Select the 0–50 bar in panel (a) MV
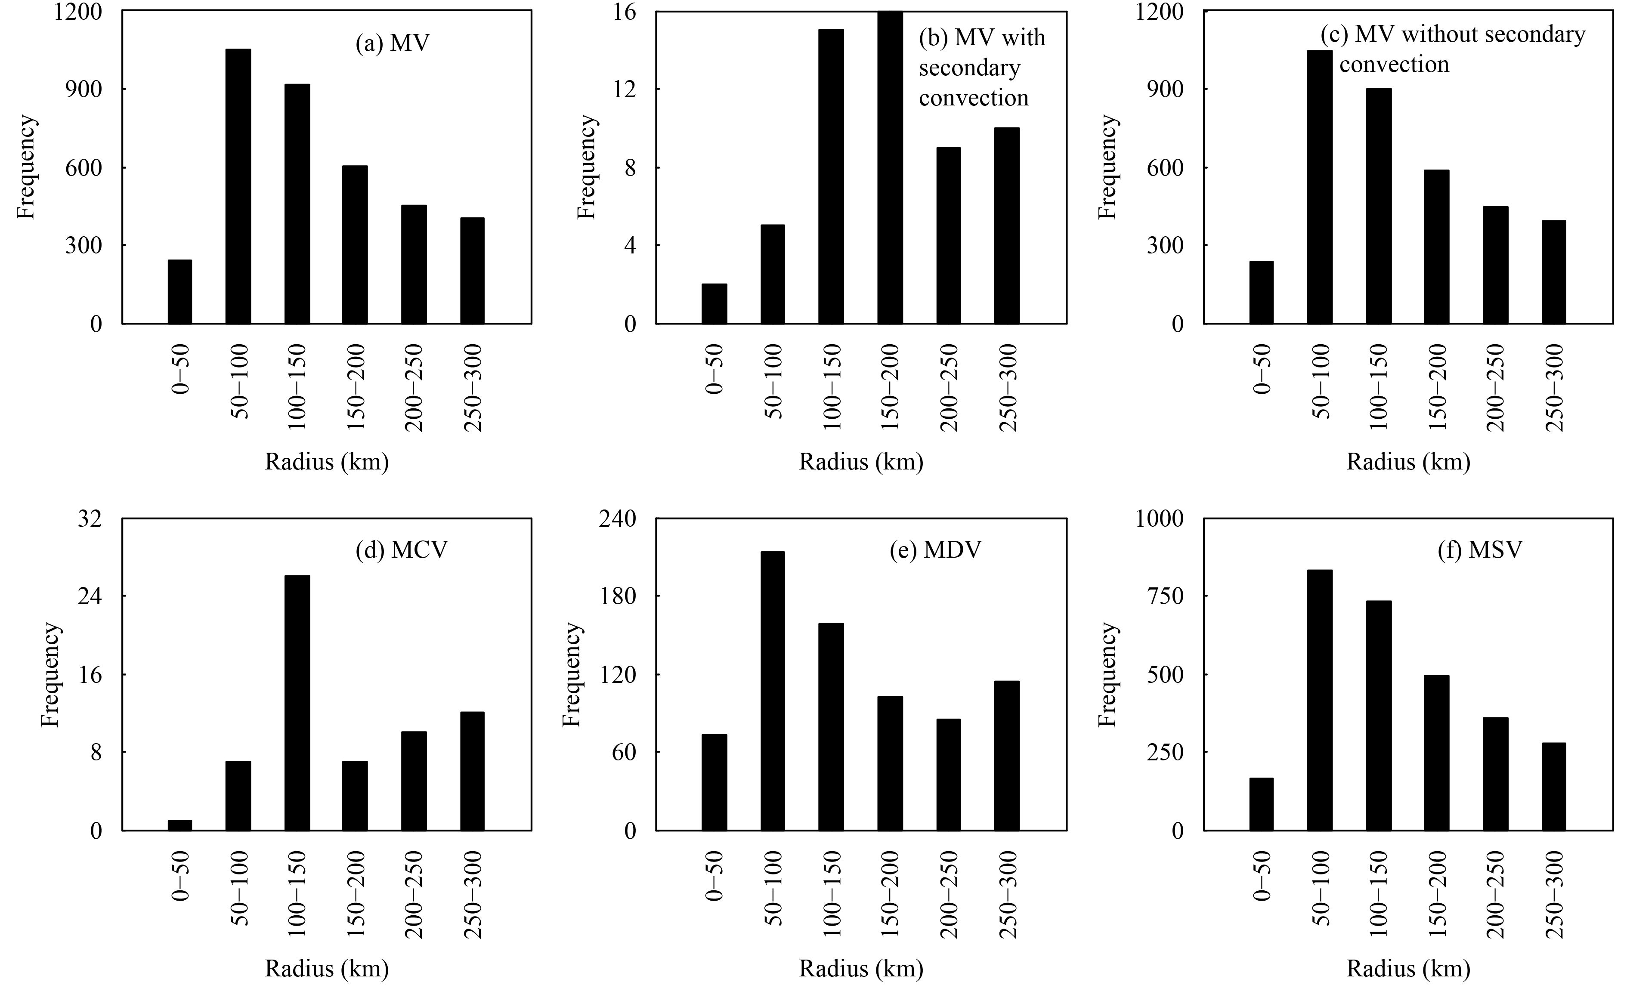(x=179, y=291)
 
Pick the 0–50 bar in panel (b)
(x=714, y=304)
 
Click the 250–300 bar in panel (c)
(x=1554, y=272)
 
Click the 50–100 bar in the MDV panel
(x=773, y=691)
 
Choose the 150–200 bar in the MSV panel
(x=1436, y=753)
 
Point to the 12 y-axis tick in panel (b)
(x=625, y=90)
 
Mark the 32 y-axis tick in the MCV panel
(x=90, y=519)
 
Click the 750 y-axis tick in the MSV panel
(x=1165, y=596)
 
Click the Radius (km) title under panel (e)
(x=861, y=969)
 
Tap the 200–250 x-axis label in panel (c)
(x=1495, y=388)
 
